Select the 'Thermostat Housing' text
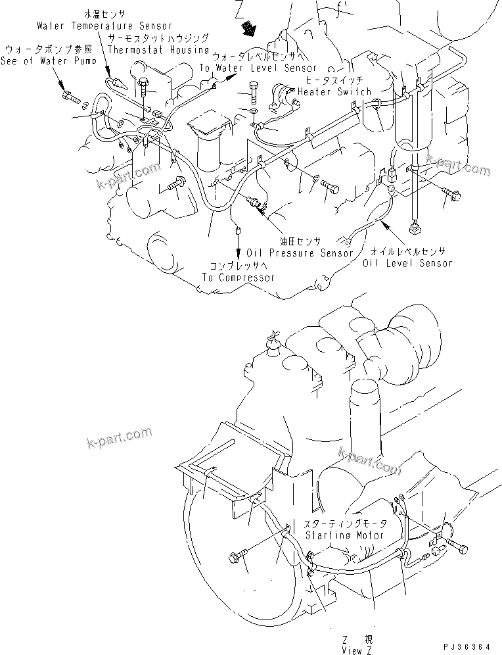(x=158, y=49)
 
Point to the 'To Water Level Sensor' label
(x=257, y=68)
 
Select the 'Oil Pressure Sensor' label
(x=300, y=253)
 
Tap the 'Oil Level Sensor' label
(x=407, y=263)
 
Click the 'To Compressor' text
(x=239, y=278)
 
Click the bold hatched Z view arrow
(x=250, y=27)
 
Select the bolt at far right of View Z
(x=458, y=546)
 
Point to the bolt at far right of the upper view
(x=453, y=193)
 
